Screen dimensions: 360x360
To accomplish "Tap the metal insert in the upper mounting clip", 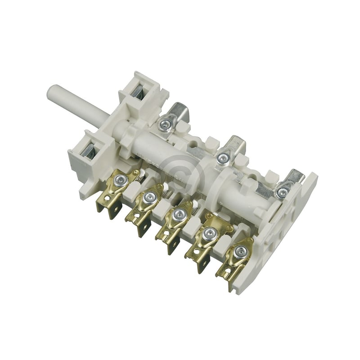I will pos(138,92).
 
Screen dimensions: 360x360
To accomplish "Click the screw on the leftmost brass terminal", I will pos(120,180).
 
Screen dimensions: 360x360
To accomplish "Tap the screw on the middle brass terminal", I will pos(178,214).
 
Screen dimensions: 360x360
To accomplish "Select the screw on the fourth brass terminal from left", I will pos(208,233).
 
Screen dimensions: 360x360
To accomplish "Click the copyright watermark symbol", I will pos(183,174).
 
